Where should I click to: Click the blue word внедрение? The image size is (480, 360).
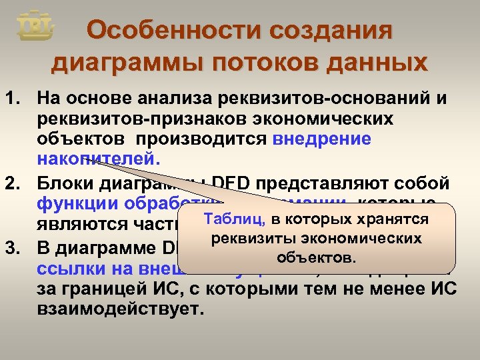pyautogui.click(x=321, y=140)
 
